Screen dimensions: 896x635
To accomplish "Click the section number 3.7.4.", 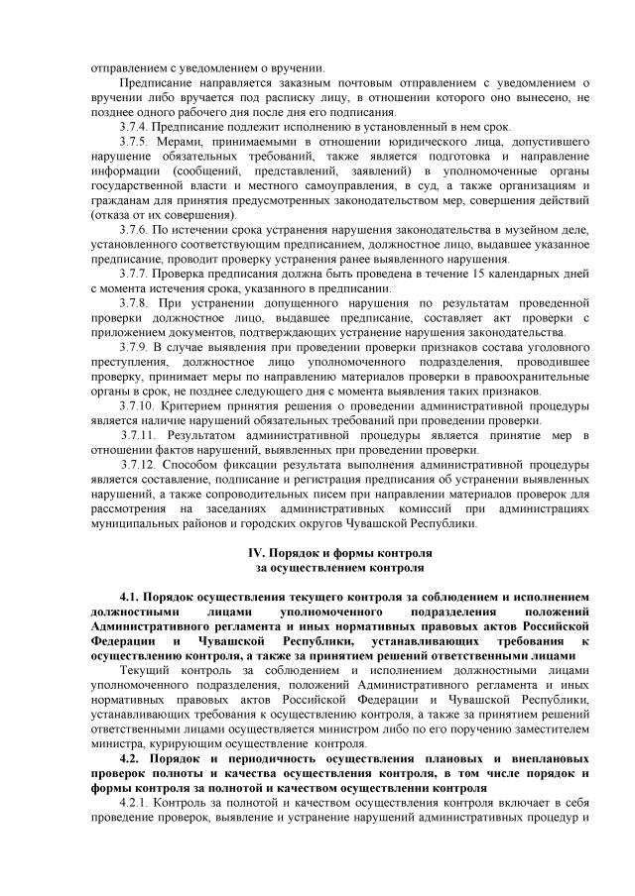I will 134,128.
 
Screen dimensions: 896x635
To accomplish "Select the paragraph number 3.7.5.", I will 134,143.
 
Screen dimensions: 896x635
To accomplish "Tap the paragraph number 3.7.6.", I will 134,229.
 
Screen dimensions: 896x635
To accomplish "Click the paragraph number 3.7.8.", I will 134,301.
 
